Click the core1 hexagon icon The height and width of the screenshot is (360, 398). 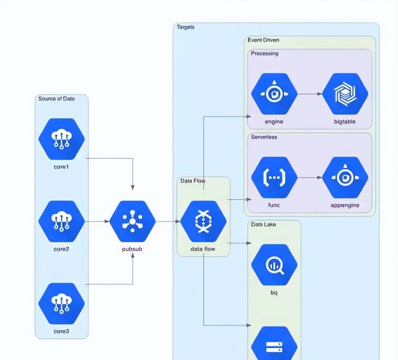(62, 139)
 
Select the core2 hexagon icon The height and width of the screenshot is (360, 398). (62, 221)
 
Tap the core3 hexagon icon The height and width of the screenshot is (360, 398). (62, 303)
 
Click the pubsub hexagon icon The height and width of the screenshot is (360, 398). (132, 221)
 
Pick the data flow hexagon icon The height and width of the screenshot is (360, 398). (203, 221)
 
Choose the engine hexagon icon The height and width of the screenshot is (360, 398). (274, 94)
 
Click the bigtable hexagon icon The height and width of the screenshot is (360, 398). (345, 94)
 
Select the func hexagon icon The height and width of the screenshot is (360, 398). (274, 177)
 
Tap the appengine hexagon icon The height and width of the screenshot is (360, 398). (345, 177)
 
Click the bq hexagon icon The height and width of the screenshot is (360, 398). (274, 265)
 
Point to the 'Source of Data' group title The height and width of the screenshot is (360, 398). (56, 98)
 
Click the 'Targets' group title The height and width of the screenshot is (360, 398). (186, 27)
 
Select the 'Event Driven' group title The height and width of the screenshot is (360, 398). (263, 40)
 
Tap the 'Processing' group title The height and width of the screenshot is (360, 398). (265, 53)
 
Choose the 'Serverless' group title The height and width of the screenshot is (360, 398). (264, 137)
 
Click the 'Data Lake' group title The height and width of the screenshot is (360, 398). (263, 224)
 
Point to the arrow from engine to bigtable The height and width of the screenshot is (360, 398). (310, 93)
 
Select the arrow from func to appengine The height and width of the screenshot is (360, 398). (310, 177)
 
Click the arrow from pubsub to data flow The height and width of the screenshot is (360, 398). (168, 221)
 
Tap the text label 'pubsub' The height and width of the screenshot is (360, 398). (132, 249)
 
